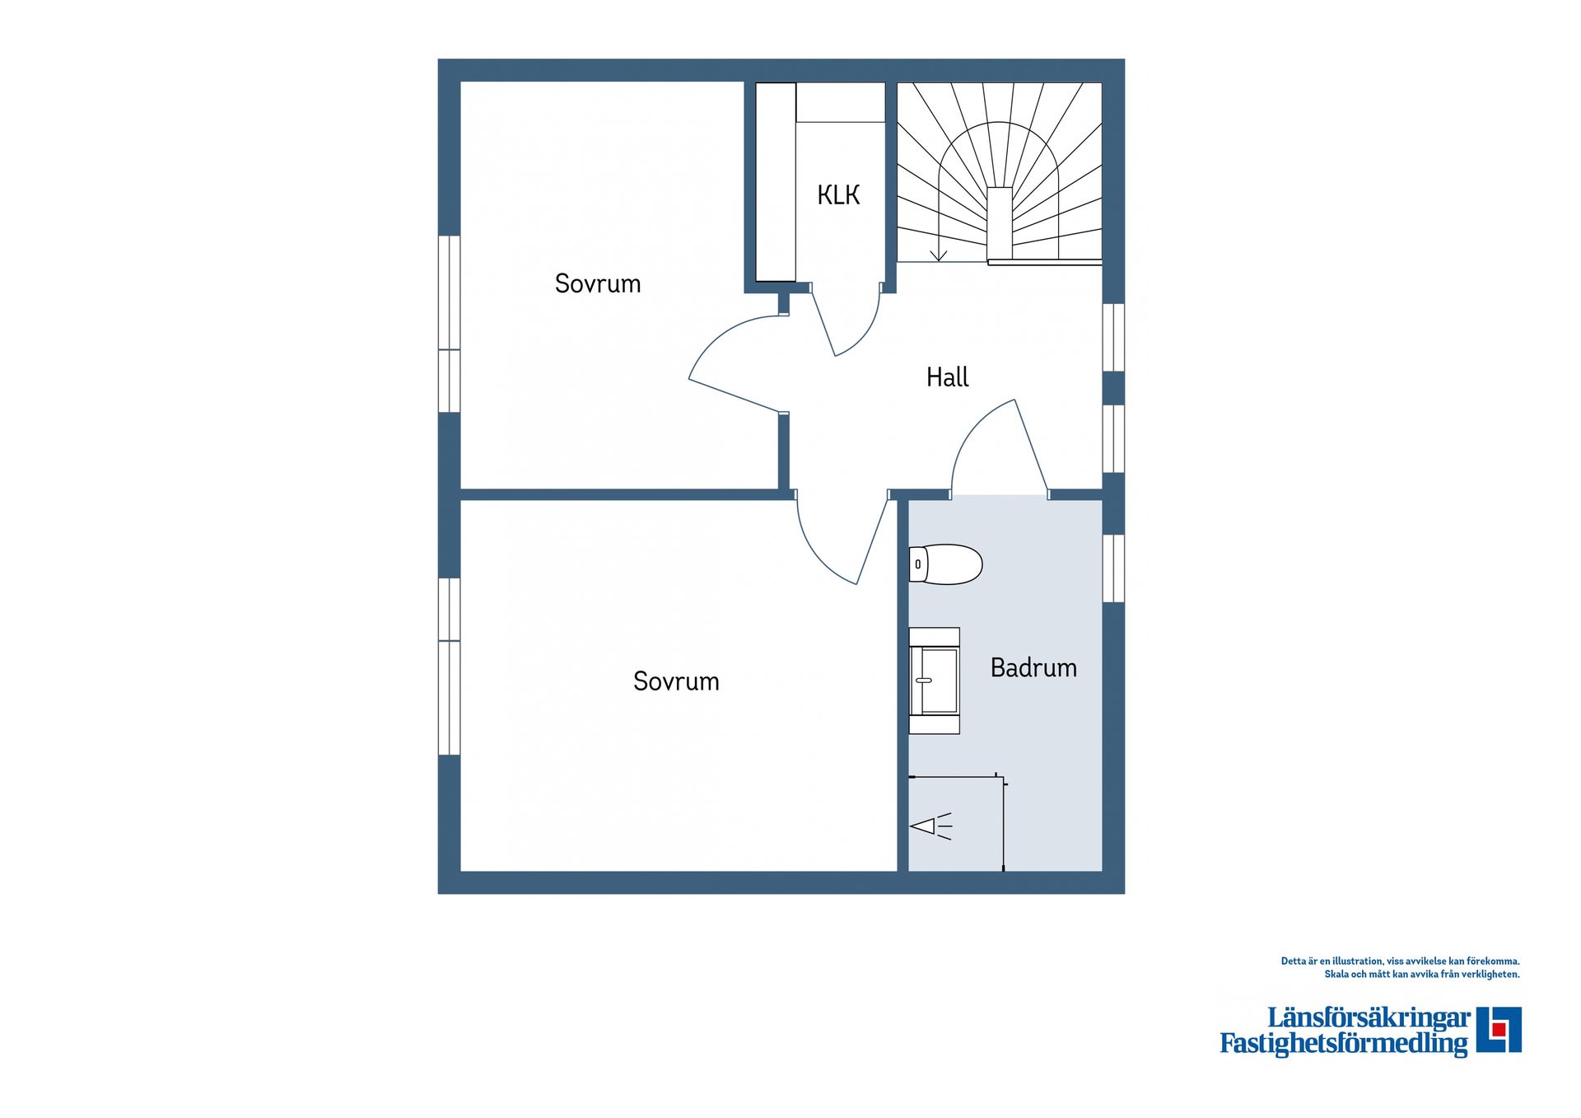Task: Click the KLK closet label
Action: (x=838, y=195)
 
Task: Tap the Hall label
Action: (x=947, y=377)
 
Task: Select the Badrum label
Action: (x=1033, y=667)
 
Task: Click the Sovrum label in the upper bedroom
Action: (x=597, y=283)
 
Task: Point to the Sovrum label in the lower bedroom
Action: (x=676, y=681)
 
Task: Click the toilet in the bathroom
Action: (x=946, y=564)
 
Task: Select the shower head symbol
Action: (x=930, y=826)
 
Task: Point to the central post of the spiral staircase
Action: (x=1000, y=222)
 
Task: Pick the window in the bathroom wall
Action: (x=1113, y=568)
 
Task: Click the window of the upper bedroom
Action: (x=449, y=324)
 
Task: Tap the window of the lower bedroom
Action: (x=449, y=667)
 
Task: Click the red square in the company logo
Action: (x=1499, y=1029)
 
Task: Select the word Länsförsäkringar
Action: (x=1369, y=1018)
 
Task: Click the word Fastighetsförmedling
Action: (x=1344, y=1044)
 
